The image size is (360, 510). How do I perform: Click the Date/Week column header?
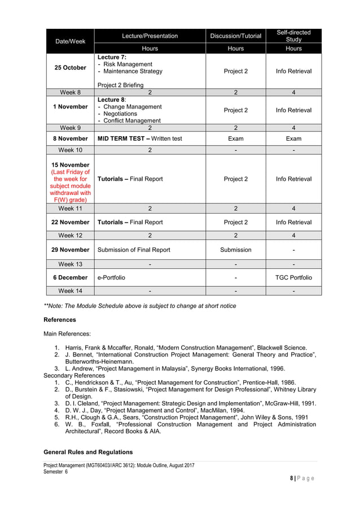(70, 41)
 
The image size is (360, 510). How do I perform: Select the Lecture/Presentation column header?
(150, 36)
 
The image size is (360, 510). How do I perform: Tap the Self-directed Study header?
(293, 36)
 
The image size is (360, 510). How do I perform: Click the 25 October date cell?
(70, 68)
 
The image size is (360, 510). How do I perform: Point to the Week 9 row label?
(70, 128)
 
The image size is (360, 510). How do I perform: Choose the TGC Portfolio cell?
(293, 277)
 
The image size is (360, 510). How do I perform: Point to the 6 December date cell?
(70, 277)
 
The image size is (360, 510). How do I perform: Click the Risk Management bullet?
(128, 64)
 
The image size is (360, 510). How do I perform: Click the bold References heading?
(60, 320)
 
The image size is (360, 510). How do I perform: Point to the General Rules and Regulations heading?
(88, 452)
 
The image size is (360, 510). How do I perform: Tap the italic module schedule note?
(140, 306)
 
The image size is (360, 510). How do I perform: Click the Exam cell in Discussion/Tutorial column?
(235, 138)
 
